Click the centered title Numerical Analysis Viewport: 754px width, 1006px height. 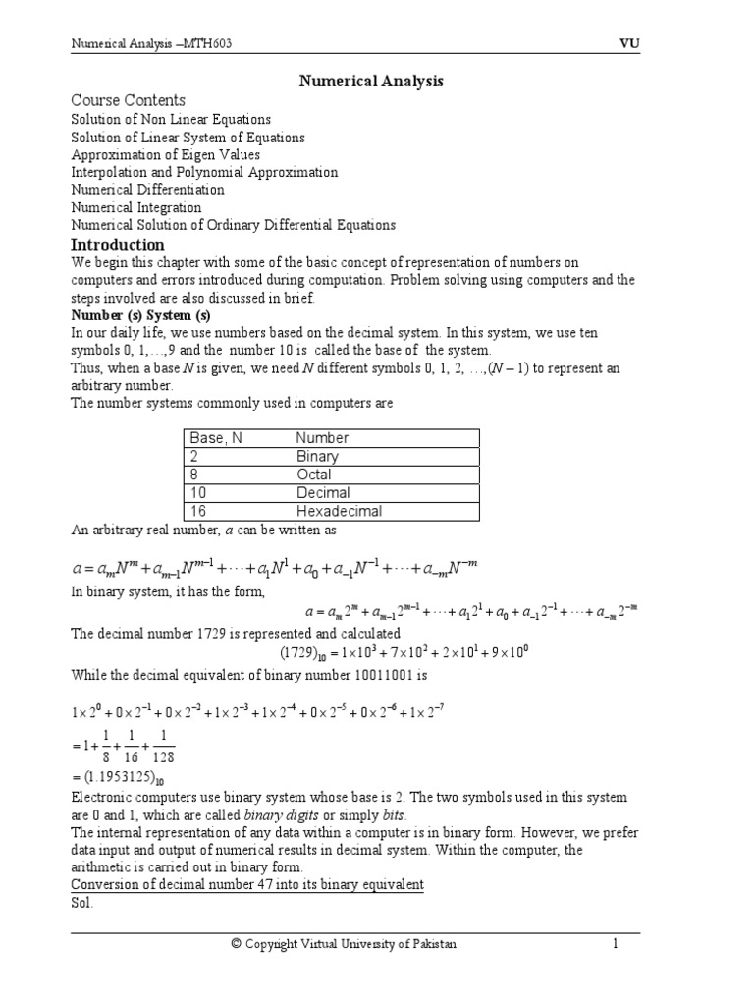click(x=371, y=82)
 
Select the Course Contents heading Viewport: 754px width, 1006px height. click(x=128, y=100)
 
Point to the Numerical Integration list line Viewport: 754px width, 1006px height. click(x=136, y=207)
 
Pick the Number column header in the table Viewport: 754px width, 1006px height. click(x=322, y=438)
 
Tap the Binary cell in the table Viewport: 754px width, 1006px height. click(x=317, y=456)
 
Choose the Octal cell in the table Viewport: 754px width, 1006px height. click(x=314, y=475)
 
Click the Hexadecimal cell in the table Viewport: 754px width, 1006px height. click(x=339, y=511)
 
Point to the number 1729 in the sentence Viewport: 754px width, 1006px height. click(x=198, y=634)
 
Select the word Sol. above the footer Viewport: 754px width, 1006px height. click(x=82, y=903)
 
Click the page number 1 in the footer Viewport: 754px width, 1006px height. click(x=616, y=944)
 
